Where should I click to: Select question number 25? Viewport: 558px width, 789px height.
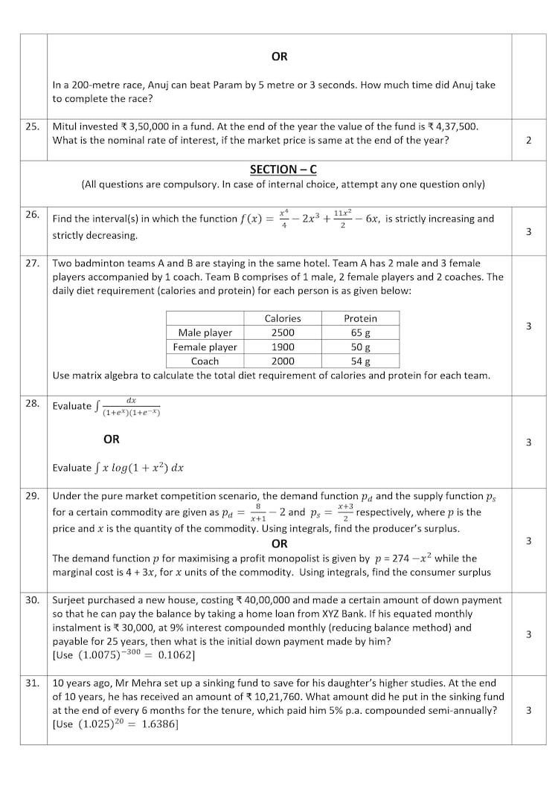pos(33,126)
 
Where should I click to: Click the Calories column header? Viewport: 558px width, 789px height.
pos(283,318)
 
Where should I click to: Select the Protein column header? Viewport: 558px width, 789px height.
pos(360,318)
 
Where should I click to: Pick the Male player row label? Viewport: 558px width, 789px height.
pos(205,332)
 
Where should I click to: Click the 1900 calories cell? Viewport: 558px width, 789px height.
pos(283,347)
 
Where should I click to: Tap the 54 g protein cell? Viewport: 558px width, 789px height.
pos(361,361)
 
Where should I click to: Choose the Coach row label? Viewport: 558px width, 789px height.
pos(205,361)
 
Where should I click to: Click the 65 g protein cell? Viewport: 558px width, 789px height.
pos(361,332)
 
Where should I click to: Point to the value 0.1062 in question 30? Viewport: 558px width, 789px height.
pos(176,655)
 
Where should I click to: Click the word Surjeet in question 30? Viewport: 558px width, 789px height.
pos(71,599)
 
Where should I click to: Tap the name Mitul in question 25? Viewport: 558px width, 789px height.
pos(66,126)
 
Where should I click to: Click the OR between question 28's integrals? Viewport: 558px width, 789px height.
pos(112,439)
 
